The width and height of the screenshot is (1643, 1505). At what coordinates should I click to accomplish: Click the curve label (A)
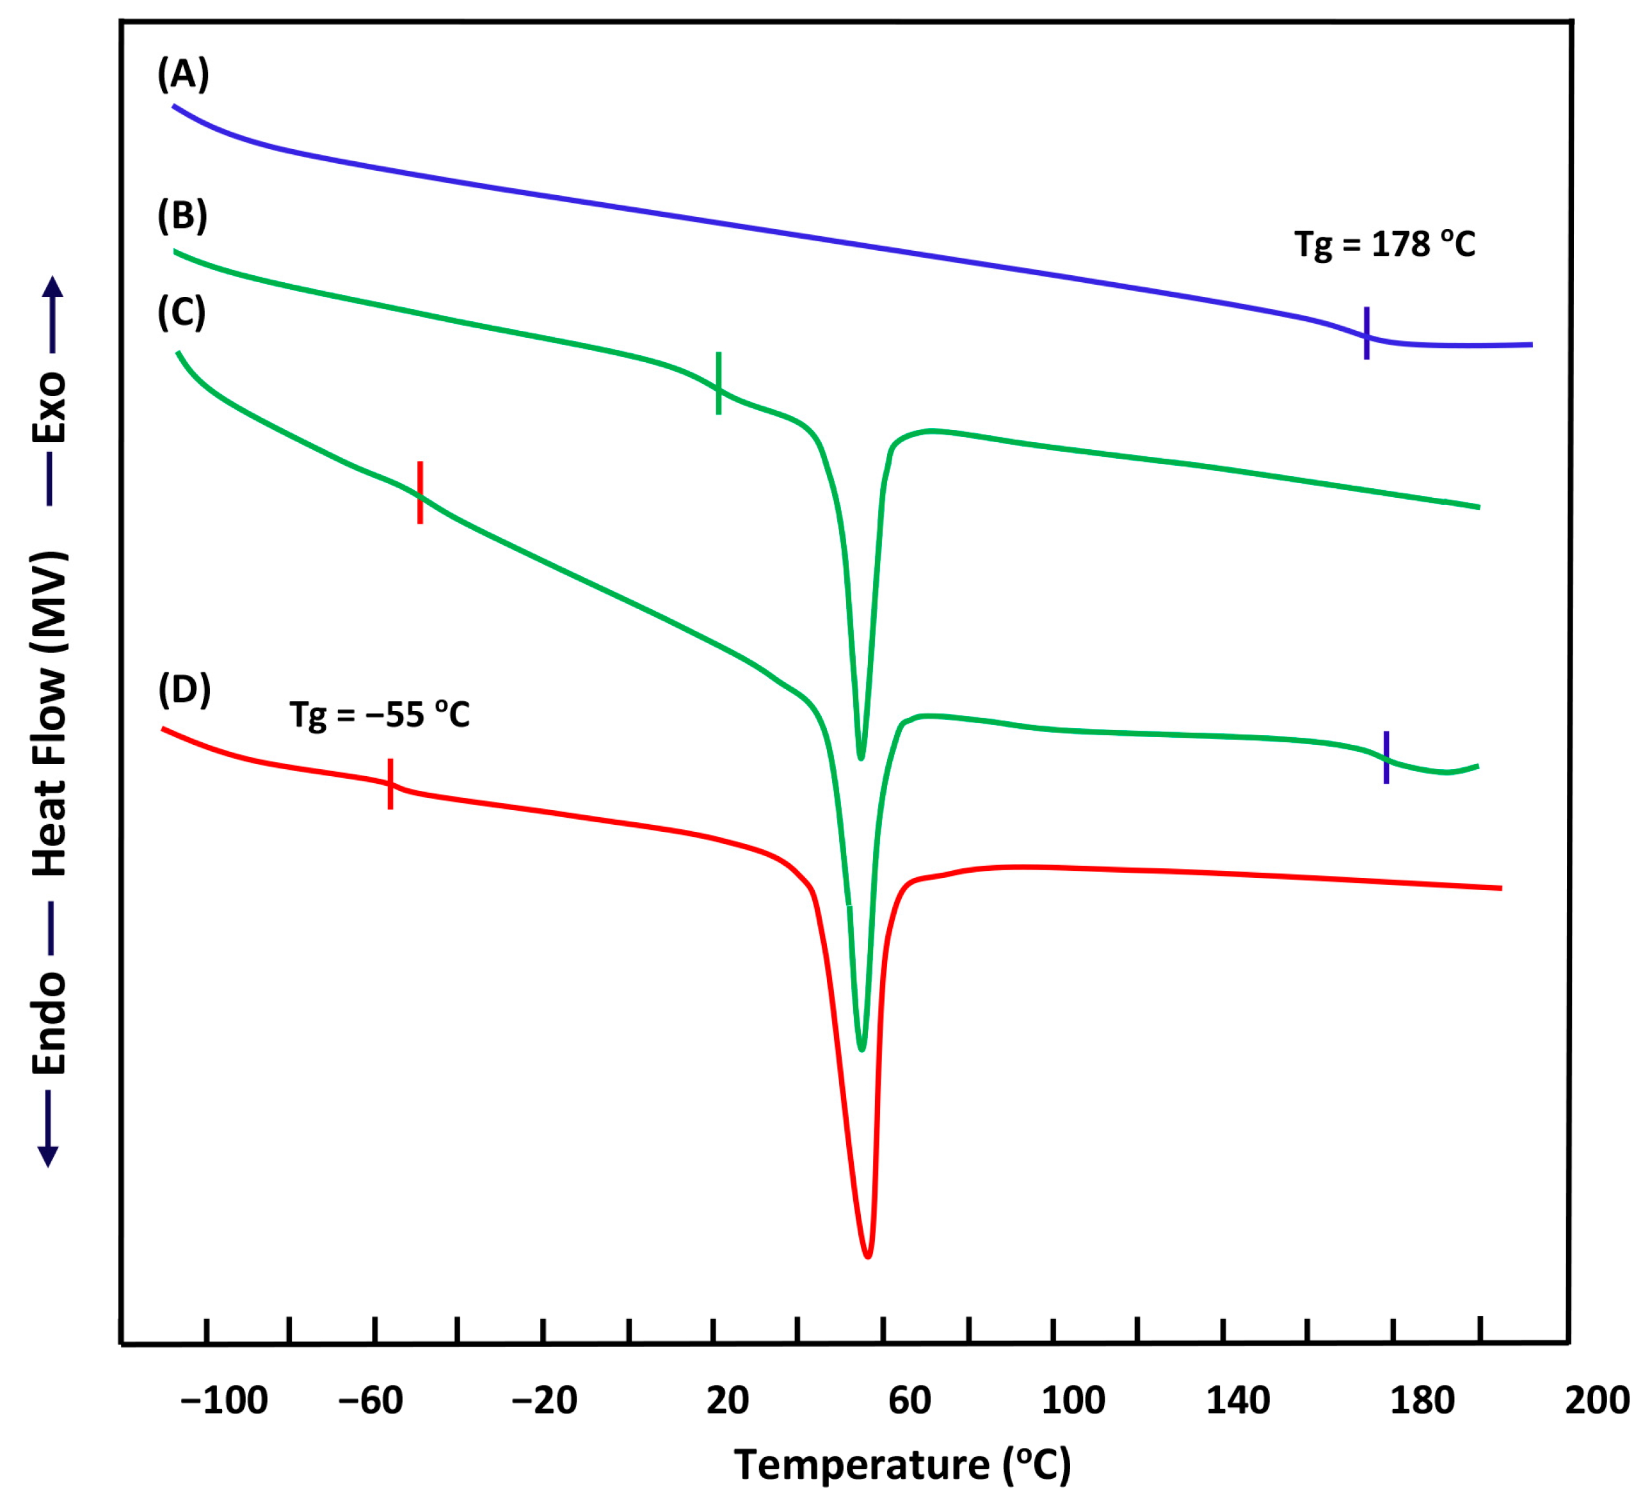(183, 74)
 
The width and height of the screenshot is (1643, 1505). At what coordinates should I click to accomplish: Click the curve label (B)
(182, 216)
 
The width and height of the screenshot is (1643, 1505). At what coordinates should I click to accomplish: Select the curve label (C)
(182, 313)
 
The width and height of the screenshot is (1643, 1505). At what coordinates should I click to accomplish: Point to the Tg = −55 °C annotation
(380, 715)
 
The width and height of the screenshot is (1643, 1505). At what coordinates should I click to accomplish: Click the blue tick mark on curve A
(1366, 333)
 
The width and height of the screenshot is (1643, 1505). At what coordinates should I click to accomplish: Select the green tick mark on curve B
(719, 383)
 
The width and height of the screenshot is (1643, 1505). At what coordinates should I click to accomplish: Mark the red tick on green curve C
(421, 492)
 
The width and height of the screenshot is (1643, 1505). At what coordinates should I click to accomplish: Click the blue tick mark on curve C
(1386, 757)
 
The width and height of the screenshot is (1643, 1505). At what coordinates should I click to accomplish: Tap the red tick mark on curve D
(391, 784)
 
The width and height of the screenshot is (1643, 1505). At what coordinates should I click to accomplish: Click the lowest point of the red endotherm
(868, 1255)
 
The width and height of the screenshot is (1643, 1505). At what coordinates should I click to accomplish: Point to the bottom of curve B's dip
(862, 757)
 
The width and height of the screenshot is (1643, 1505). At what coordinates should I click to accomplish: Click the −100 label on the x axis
(224, 1400)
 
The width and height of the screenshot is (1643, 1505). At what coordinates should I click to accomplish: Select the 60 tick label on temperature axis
(910, 1400)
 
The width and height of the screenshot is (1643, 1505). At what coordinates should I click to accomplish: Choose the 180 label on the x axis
(1422, 1400)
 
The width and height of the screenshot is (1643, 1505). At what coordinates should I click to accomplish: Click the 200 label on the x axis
(1596, 1400)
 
